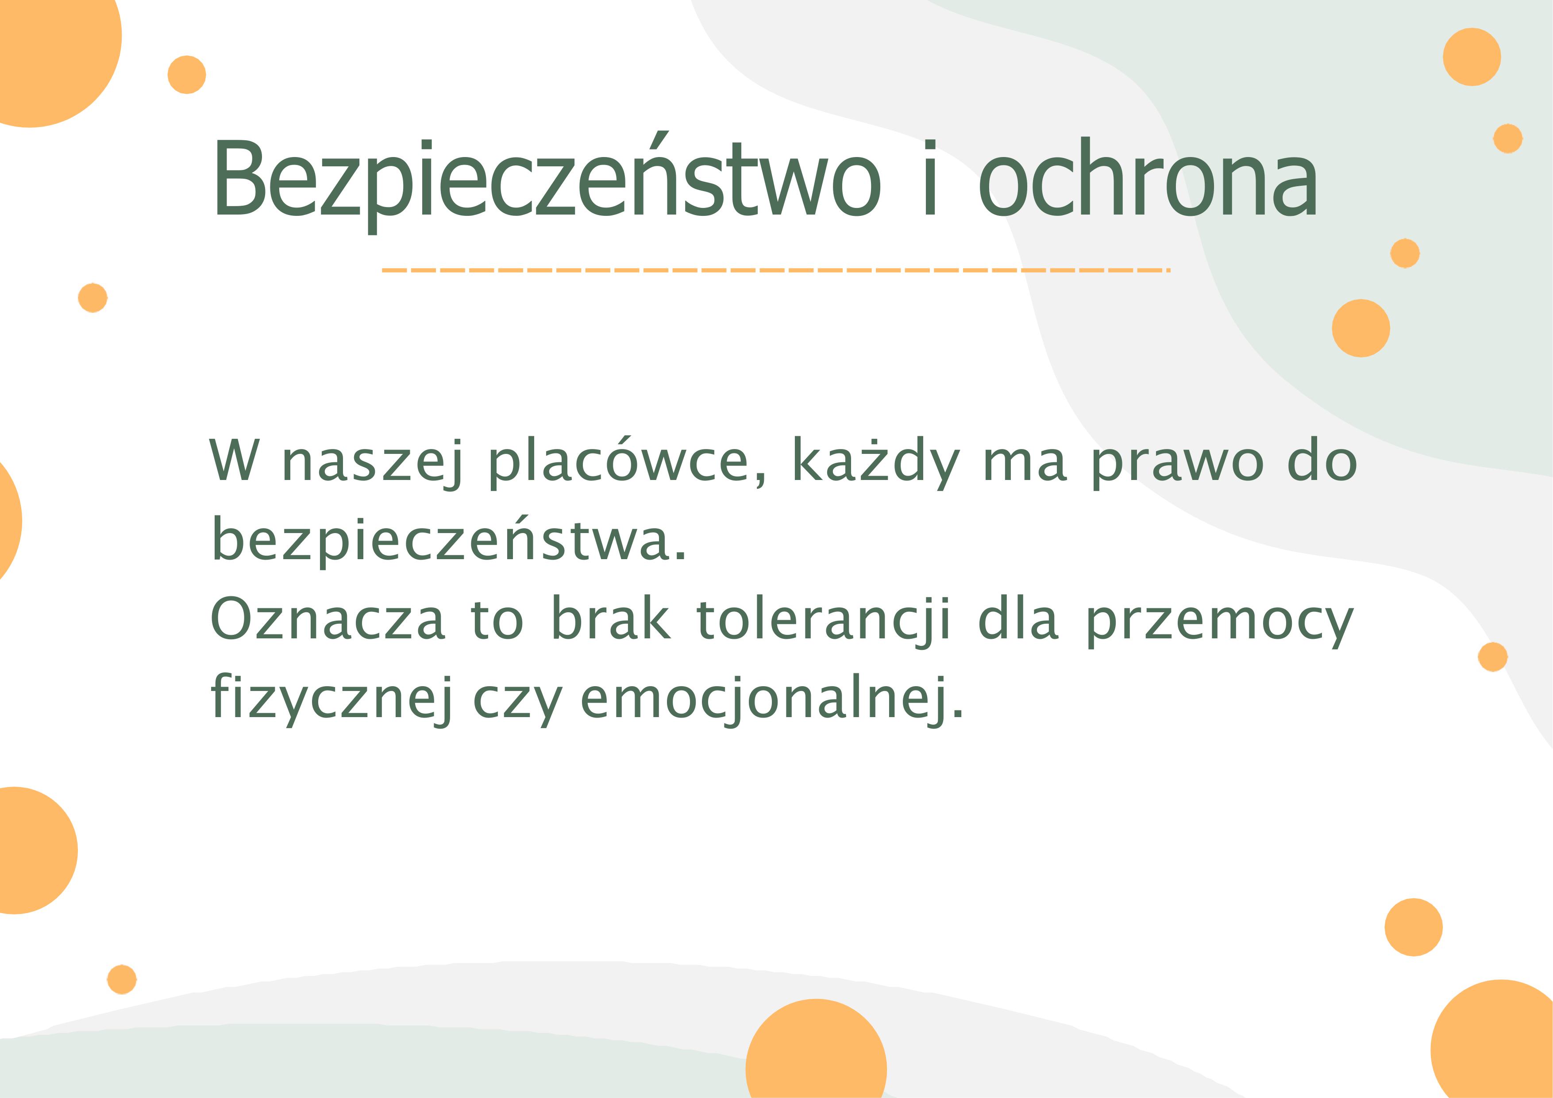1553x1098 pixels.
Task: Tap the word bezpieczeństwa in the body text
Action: click(x=449, y=540)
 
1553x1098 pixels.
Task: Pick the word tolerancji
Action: click(x=824, y=619)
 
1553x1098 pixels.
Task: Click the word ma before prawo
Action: click(x=1025, y=465)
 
